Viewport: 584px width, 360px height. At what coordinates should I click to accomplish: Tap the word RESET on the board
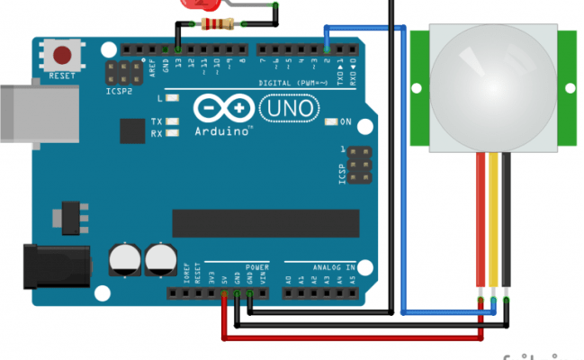[62, 76]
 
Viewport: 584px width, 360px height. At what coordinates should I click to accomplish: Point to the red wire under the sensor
[481, 225]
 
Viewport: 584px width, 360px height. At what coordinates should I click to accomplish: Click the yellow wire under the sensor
[494, 225]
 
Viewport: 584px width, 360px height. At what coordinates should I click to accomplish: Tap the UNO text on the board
[290, 109]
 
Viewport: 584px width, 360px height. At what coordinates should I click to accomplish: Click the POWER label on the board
[256, 267]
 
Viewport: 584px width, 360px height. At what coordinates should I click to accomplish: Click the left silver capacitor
[124, 260]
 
